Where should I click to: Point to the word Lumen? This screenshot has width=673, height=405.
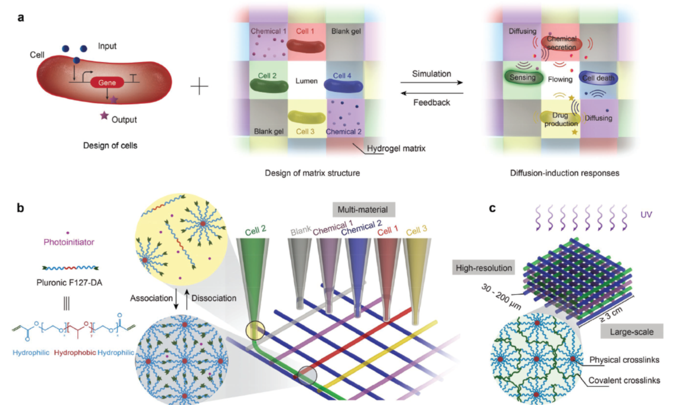click(x=307, y=81)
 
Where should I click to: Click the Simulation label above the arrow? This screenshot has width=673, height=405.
click(x=431, y=74)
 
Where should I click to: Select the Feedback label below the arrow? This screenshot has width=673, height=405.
click(x=431, y=103)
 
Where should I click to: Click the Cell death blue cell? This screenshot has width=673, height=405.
click(x=598, y=79)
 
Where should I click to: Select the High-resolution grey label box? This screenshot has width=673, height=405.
click(x=484, y=268)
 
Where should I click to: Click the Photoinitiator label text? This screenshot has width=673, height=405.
click(x=68, y=242)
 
